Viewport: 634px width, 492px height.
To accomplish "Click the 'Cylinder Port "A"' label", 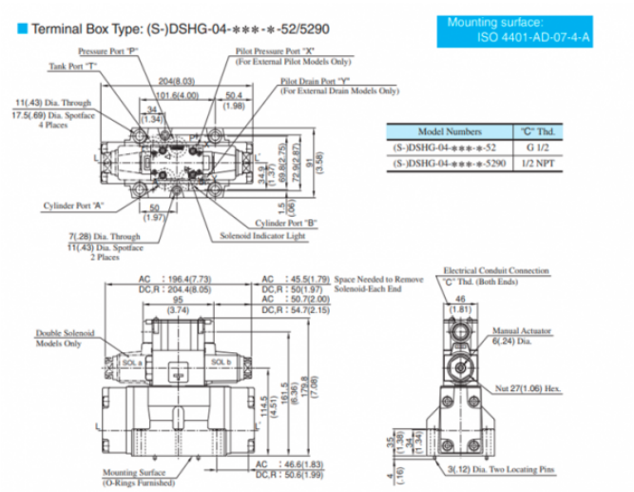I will coord(73,205).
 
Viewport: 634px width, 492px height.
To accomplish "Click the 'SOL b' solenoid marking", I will coord(221,362).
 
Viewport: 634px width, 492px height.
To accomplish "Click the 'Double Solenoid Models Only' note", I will coord(65,338).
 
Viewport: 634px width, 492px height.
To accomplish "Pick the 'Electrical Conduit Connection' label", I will coord(494,271).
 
